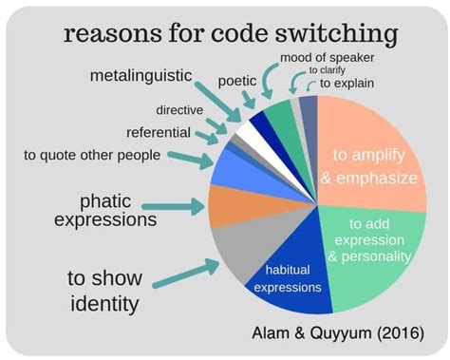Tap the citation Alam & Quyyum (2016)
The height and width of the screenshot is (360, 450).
[x=350, y=333]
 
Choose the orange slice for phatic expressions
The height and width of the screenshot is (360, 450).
[x=227, y=205]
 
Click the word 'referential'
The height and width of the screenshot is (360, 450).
[x=159, y=132]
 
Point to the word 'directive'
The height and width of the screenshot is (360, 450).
[x=179, y=110]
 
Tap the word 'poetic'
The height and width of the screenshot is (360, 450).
[x=237, y=82]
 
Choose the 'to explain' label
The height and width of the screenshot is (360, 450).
[x=347, y=84]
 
